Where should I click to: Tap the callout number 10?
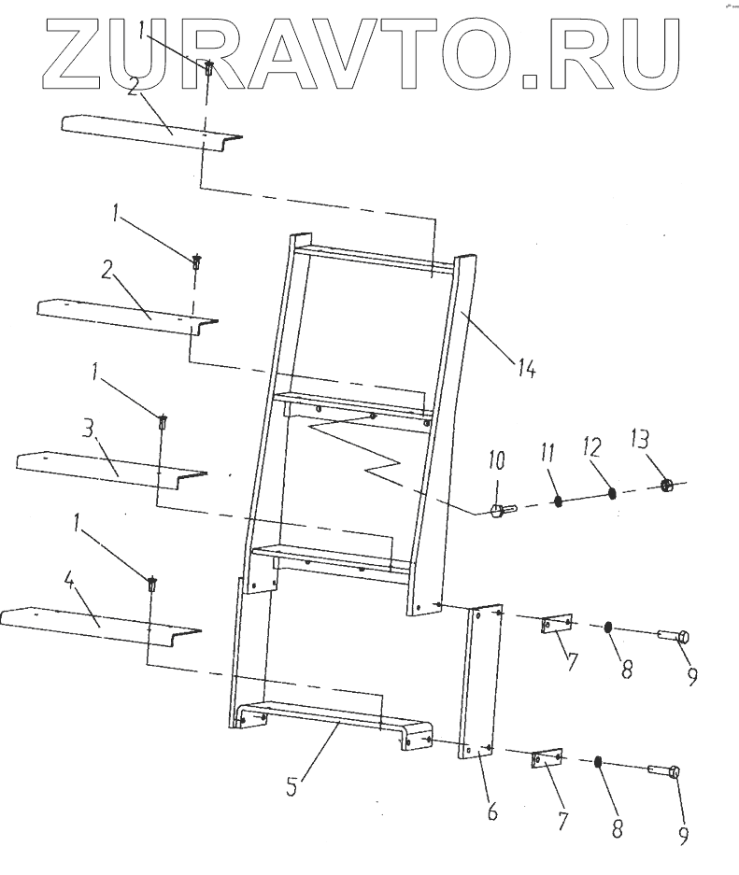click(495, 460)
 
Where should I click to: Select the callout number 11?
click(547, 455)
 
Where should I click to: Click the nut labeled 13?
click(668, 485)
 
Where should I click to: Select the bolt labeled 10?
click(497, 511)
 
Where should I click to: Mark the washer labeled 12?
click(612, 493)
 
